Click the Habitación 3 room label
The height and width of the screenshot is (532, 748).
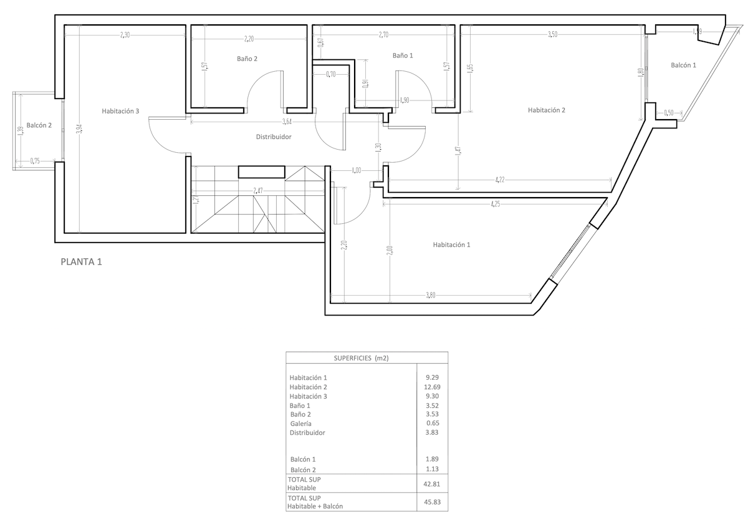[x=120, y=112]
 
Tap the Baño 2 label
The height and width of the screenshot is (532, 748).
[x=247, y=59]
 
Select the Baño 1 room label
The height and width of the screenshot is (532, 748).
[x=403, y=56]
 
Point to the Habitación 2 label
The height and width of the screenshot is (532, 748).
[x=547, y=110]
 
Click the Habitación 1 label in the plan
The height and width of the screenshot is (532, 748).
[x=451, y=245]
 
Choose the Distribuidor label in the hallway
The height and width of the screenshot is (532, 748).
[x=274, y=137]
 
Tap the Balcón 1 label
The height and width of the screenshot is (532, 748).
[x=684, y=65]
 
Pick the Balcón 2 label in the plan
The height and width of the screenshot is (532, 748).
[x=39, y=125]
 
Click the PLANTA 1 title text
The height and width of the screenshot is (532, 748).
[x=81, y=262]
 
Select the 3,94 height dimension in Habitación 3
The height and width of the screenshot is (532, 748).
[x=79, y=129]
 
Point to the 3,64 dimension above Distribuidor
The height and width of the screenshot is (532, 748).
[x=287, y=121]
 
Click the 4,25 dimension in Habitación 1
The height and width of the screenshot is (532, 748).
[x=496, y=203]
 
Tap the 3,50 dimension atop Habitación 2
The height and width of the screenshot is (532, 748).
[x=552, y=35]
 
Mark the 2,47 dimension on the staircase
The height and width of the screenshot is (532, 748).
[x=258, y=190]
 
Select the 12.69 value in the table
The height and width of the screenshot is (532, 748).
[x=432, y=387]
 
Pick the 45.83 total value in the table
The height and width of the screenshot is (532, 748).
[x=432, y=502]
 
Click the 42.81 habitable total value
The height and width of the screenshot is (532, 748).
[x=432, y=483]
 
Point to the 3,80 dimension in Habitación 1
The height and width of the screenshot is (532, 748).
[x=430, y=295]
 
